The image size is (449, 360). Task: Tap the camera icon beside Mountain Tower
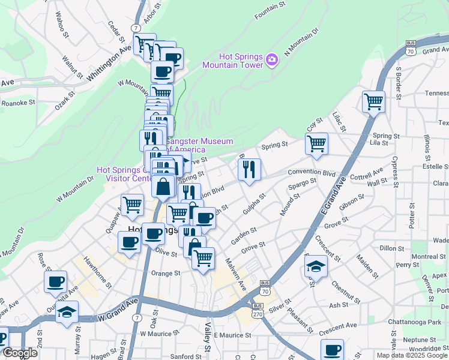[271, 59]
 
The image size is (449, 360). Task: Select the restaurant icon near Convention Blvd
[249, 170]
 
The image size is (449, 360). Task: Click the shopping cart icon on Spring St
[316, 144]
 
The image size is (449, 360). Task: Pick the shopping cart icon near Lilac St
[373, 101]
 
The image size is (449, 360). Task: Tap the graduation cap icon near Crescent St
[316, 265]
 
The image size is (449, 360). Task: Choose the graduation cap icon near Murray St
[67, 311]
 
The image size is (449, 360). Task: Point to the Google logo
[20, 353]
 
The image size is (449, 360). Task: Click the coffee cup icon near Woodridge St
[331, 350]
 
